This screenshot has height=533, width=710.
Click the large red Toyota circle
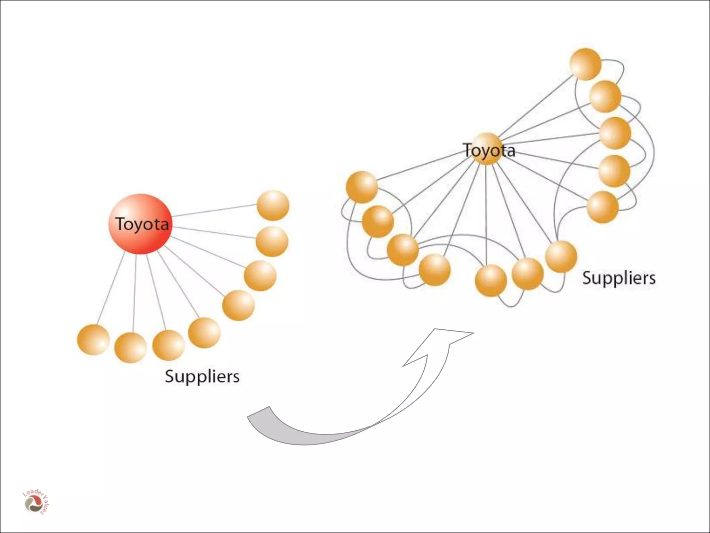[x=140, y=224]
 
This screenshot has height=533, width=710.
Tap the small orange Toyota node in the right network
[x=487, y=149]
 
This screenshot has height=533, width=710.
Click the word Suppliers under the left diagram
[x=202, y=376]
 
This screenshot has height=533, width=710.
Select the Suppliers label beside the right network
[x=619, y=278]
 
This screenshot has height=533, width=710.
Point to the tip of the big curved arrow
[x=472, y=333]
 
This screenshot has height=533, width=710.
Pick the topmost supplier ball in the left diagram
[x=273, y=205]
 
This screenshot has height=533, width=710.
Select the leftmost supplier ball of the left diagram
[x=93, y=340]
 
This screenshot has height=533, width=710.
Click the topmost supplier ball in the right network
[x=585, y=65]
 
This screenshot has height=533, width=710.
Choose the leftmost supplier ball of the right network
[x=362, y=187]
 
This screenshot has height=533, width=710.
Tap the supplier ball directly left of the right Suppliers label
[x=561, y=256]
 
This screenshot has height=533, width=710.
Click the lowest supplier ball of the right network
[x=491, y=280]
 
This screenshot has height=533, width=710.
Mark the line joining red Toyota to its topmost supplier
[x=214, y=211]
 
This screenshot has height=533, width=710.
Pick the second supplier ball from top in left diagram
[x=272, y=242]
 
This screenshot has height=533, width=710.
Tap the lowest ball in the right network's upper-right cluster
[x=603, y=207]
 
